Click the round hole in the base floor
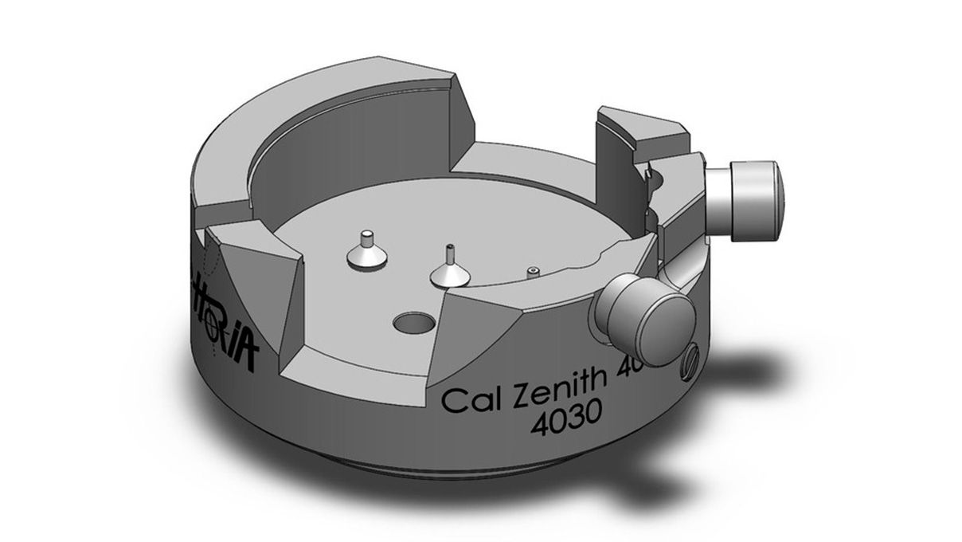click(x=414, y=323)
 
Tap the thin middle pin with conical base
click(x=450, y=269)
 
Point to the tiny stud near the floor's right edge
click(x=534, y=272)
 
